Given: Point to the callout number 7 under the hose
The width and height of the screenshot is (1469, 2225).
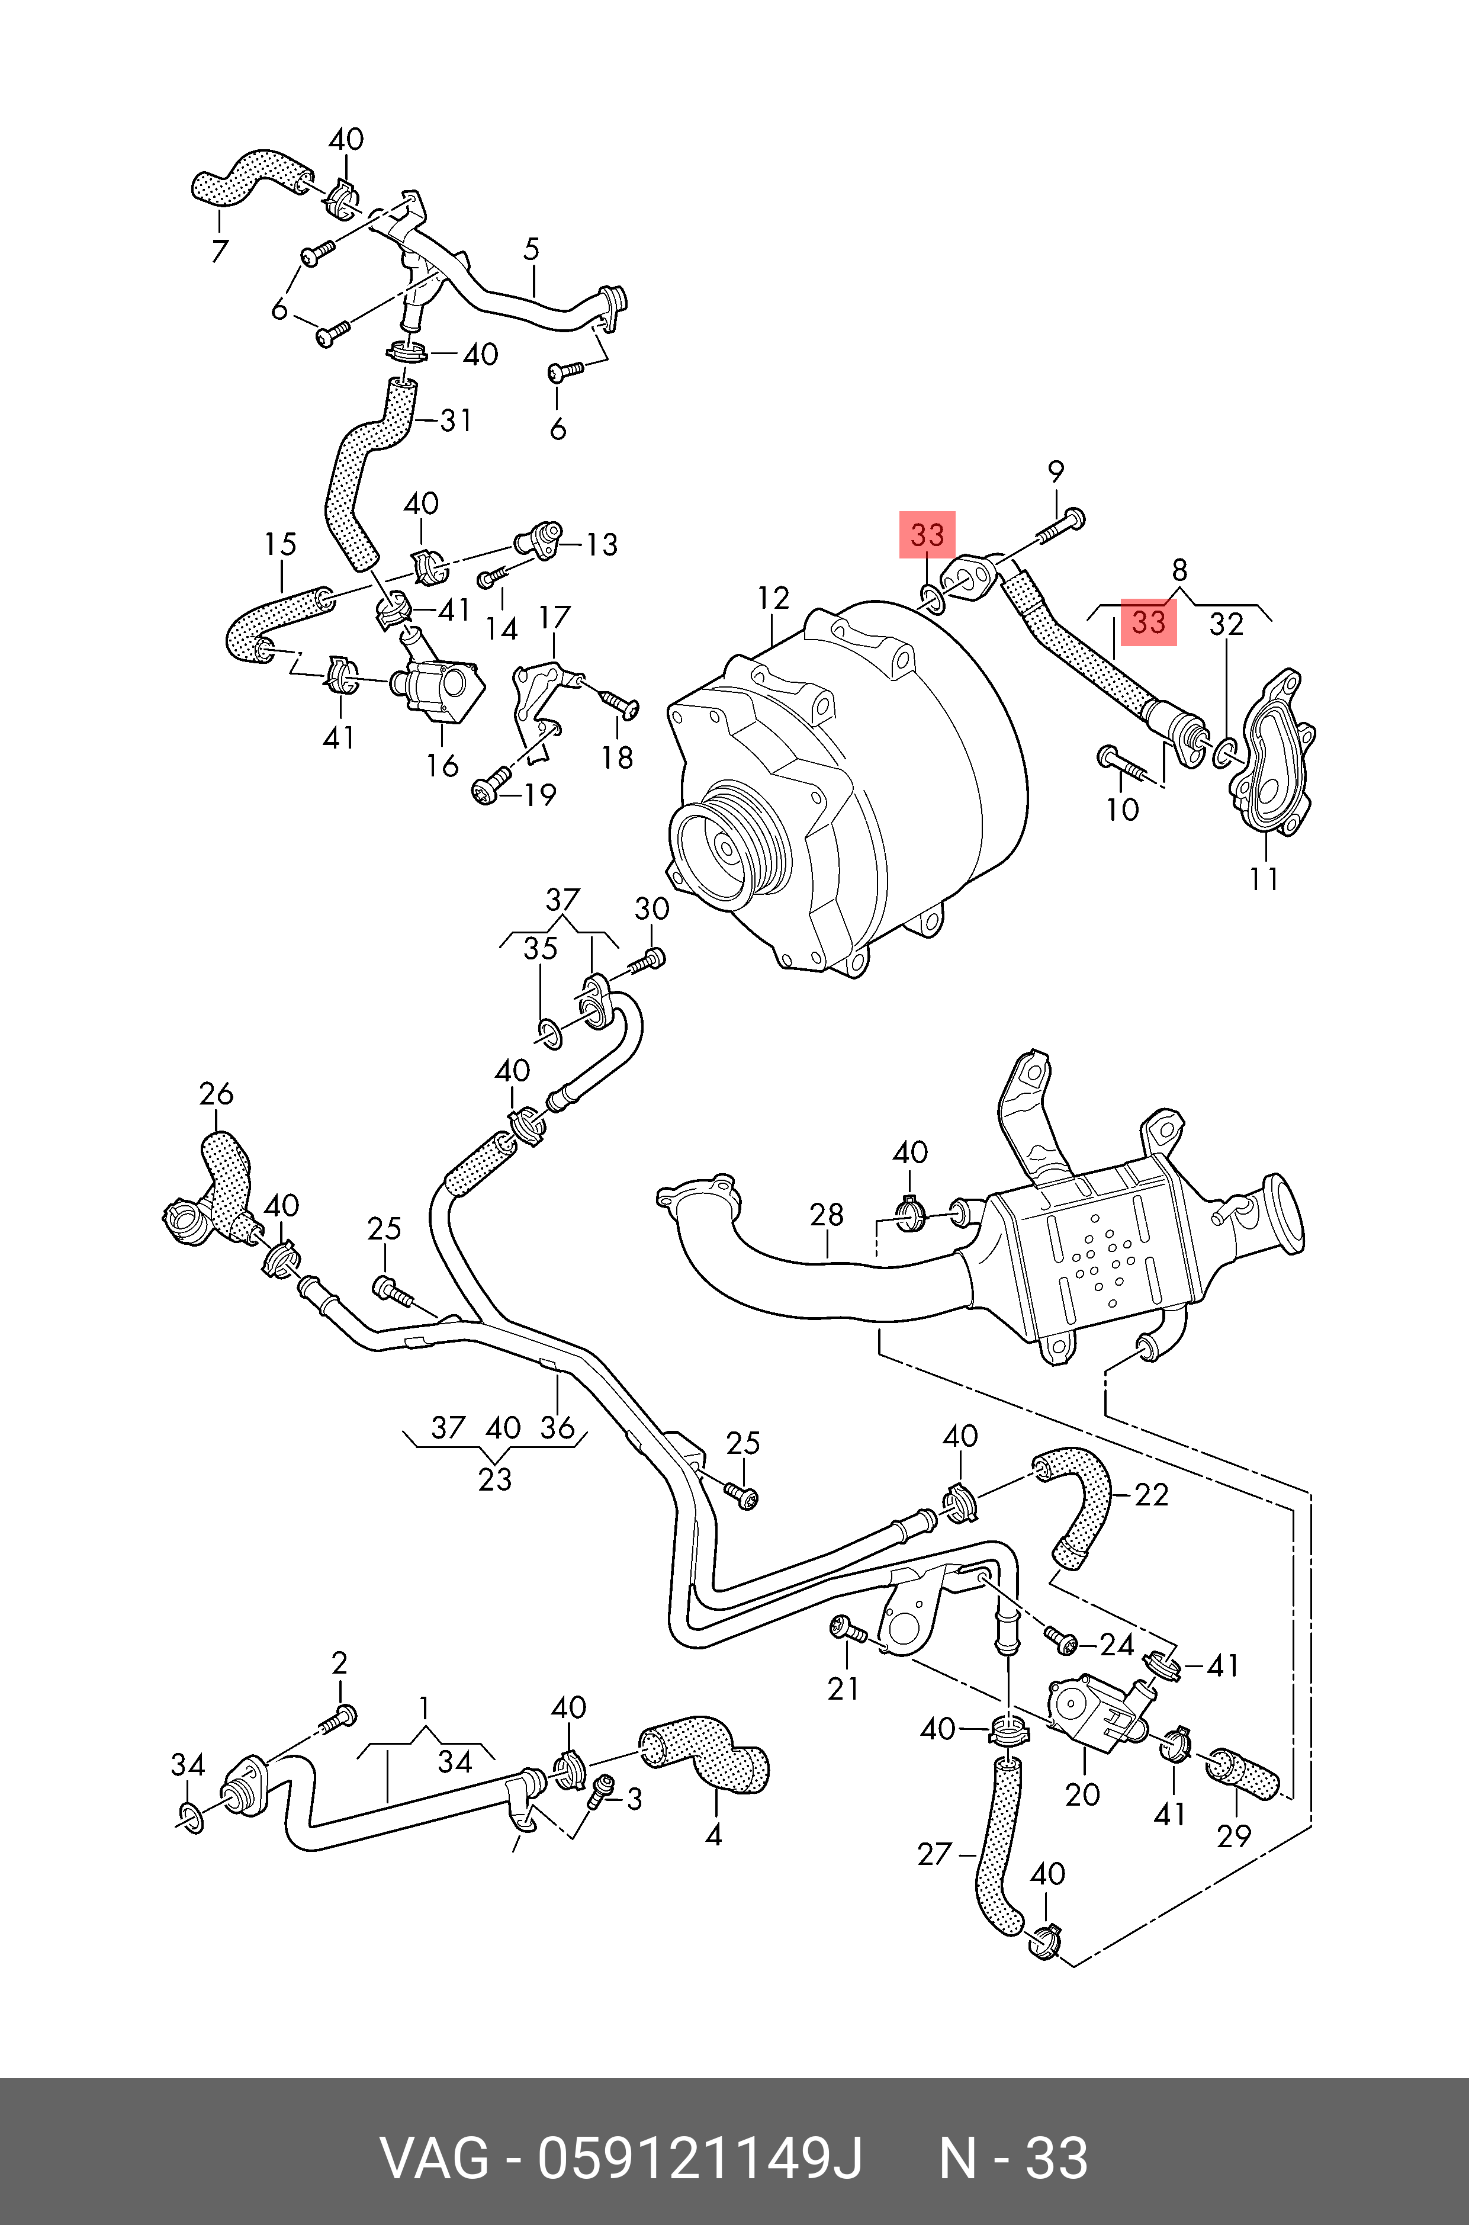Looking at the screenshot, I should click(219, 251).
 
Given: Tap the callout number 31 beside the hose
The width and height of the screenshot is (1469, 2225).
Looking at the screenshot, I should click(457, 420).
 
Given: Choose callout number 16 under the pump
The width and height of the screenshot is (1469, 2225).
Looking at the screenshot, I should click(442, 765).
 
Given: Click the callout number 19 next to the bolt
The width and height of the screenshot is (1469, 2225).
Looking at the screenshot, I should click(539, 794).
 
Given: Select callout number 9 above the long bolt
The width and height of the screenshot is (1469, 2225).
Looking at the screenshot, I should click(1056, 471).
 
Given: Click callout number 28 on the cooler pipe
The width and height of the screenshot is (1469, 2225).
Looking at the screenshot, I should click(827, 1215).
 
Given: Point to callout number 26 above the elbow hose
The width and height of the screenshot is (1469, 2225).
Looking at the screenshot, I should click(217, 1094).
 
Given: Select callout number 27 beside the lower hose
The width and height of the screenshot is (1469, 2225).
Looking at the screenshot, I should click(935, 1854).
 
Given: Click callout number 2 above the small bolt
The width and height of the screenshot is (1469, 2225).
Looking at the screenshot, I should click(339, 1663).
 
